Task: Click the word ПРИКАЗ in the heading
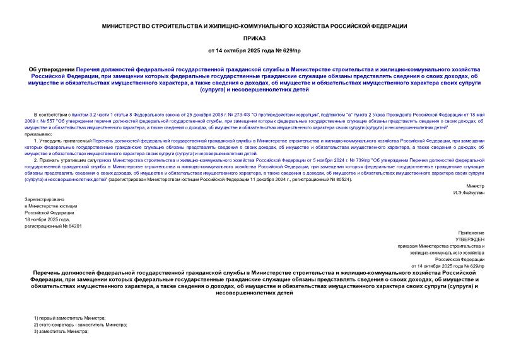pyautogui.click(x=254, y=38)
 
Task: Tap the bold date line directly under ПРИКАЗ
pyautogui.click(x=254, y=50)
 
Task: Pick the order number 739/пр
pyautogui.click(x=329, y=161)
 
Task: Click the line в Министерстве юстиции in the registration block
pyautogui.click(x=50, y=206)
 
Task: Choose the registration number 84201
pyautogui.click(x=71, y=226)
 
